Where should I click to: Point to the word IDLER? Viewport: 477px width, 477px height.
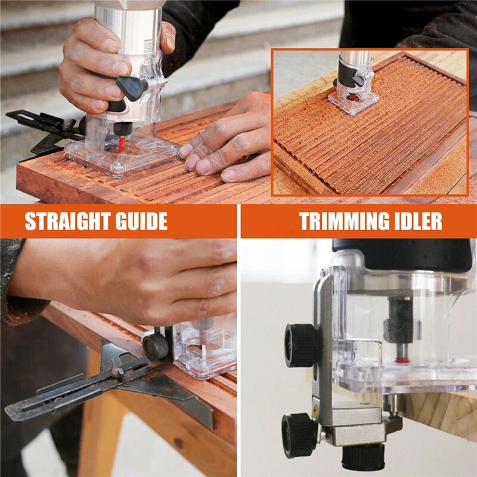coord(420,221)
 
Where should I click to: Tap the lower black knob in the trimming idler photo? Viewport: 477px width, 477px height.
coord(298,435)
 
